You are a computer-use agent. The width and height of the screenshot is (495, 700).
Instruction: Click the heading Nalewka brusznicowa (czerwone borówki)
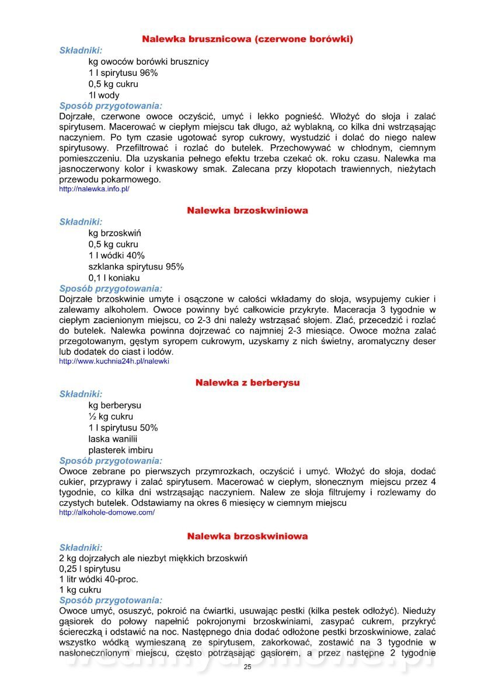point(247,39)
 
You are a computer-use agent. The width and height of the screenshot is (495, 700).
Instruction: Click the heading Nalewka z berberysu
point(247,383)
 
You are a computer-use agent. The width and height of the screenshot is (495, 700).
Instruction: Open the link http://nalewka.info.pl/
point(94,189)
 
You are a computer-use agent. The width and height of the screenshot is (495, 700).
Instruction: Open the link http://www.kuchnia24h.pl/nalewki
point(114,361)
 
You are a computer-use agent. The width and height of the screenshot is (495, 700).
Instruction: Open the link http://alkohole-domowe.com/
point(107,512)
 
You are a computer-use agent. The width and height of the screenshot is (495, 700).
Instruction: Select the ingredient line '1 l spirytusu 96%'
point(123,73)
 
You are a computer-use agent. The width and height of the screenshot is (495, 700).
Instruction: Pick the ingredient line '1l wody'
point(104,95)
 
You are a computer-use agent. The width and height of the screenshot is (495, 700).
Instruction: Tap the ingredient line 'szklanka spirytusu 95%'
point(136,267)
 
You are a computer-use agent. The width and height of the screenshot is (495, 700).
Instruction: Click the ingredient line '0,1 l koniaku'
point(114,278)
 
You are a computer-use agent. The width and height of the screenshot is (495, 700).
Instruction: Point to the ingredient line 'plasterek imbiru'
point(120,450)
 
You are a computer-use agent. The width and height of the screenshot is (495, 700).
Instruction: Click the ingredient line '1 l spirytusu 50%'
point(123,428)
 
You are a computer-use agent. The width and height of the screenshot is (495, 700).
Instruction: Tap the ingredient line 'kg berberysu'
point(114,405)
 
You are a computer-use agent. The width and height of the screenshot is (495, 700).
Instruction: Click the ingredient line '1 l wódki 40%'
point(116,256)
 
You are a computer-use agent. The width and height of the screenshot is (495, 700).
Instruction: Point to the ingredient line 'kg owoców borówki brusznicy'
point(148,61)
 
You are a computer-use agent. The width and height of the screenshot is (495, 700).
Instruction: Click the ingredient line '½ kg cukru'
point(110,416)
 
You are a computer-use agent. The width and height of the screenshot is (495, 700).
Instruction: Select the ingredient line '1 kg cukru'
point(80,590)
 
